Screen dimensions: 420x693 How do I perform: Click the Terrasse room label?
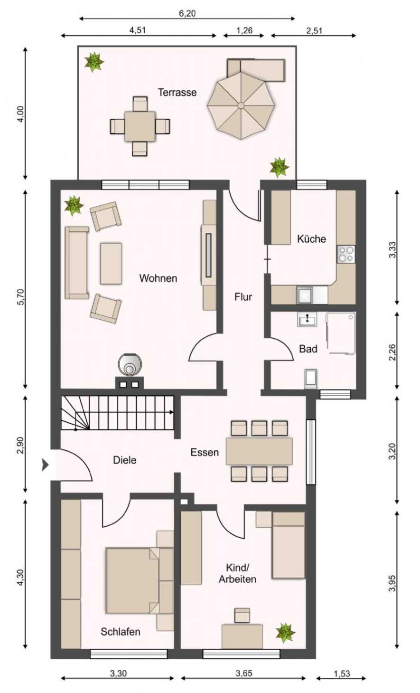177,92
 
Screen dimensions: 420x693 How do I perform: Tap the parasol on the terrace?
241,105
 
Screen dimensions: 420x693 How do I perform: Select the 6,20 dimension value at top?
187,13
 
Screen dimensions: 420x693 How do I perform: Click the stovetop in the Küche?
346,254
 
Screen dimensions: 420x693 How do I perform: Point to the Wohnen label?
158,278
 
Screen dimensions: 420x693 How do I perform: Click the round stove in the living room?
130,365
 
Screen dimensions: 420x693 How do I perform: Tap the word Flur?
243,297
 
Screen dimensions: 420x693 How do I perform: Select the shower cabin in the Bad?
341,333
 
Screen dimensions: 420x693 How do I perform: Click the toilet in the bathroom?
310,379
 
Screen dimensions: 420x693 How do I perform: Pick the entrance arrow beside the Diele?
46,465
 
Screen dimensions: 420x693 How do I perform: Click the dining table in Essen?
259,451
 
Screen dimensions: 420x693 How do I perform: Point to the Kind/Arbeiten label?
237,573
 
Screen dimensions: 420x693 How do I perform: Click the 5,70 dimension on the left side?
21,297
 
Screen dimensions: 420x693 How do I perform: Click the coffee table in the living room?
111,263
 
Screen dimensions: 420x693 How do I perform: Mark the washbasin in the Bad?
307,319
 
